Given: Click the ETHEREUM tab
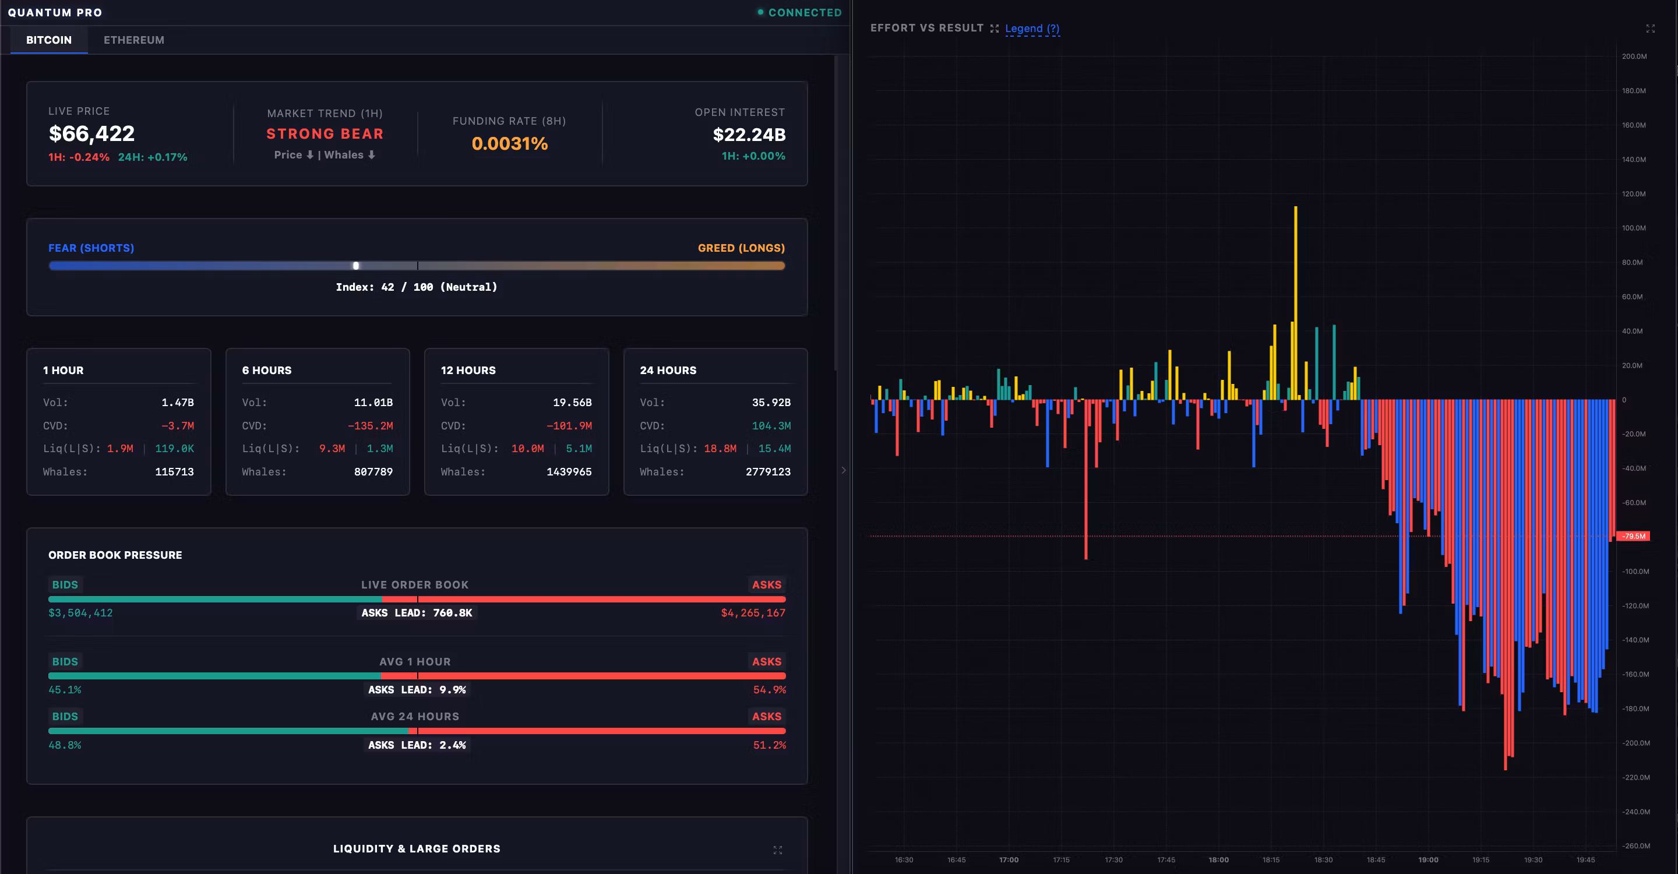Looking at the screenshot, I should (133, 40).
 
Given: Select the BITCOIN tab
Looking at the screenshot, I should (49, 40).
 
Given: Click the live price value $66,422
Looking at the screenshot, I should (92, 133).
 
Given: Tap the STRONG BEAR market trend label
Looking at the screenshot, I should (325, 133).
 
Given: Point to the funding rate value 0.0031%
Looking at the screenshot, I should (509, 143).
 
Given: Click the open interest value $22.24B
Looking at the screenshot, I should (749, 135).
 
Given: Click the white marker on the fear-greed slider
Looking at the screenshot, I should (355, 266).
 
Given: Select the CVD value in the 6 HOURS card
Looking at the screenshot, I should (370, 426).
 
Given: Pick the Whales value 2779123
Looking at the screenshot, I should (768, 471).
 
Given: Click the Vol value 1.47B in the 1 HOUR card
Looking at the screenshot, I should (177, 403).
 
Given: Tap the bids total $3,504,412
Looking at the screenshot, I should (81, 613).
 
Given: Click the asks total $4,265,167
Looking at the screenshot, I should (753, 613).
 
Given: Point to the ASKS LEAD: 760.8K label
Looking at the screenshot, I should (417, 613).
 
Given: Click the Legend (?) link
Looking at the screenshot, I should (1032, 29).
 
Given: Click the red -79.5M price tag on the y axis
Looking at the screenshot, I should (1634, 536).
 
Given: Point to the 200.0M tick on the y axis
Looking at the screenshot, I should (1634, 57).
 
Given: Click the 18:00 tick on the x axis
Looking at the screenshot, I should (1218, 859).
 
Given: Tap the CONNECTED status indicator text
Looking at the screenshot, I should (805, 12).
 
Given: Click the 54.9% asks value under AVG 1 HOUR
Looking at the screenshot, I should (769, 690).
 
